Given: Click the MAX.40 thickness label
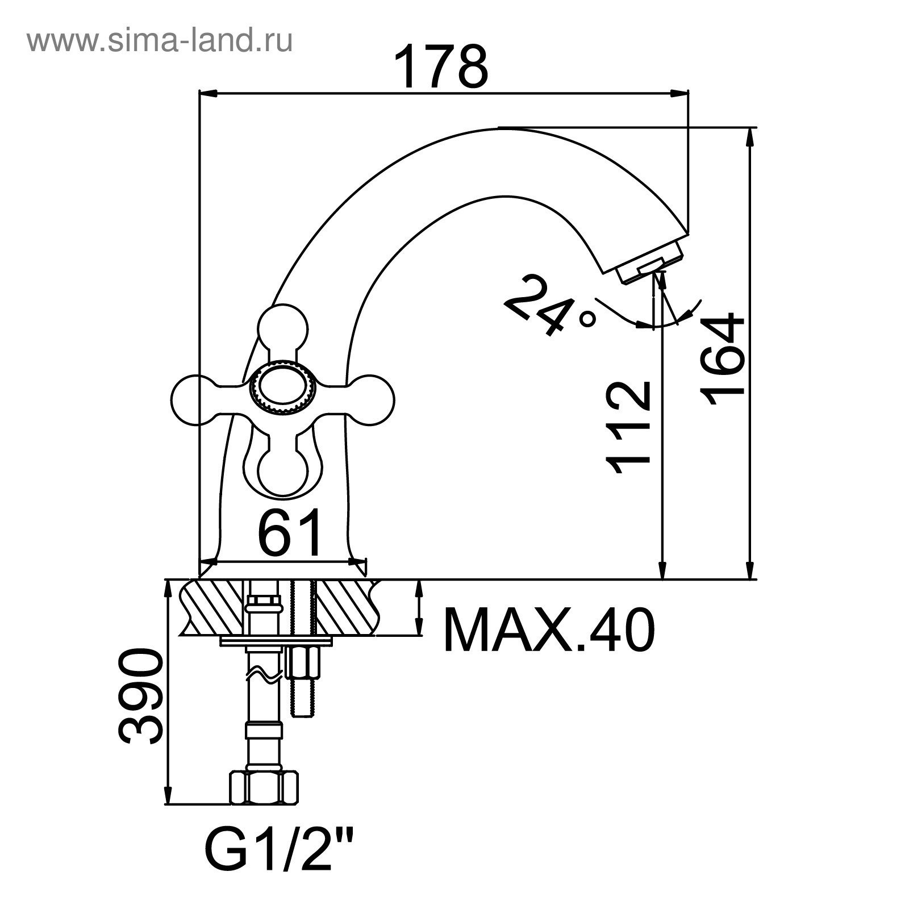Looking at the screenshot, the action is (548, 629).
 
